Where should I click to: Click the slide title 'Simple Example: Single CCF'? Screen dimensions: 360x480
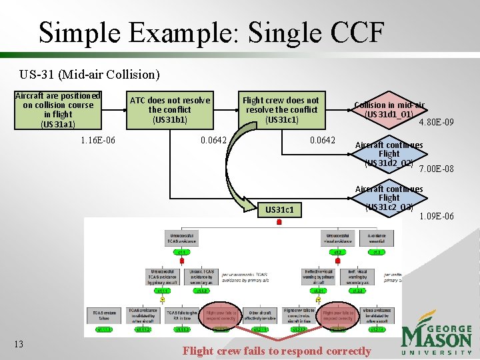(x=211, y=32)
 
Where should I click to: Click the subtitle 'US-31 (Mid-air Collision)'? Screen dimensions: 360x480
(x=89, y=73)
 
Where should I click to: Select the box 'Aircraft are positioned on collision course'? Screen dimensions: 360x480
(x=58, y=110)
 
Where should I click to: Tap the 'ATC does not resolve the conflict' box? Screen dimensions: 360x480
(x=169, y=109)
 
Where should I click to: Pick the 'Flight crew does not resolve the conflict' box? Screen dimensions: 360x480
(x=281, y=109)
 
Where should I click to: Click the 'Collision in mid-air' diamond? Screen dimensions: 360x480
(x=389, y=109)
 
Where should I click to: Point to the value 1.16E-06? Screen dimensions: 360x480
(x=97, y=140)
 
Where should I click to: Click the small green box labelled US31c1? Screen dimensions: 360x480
(x=279, y=211)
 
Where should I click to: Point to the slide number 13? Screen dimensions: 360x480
(x=19, y=344)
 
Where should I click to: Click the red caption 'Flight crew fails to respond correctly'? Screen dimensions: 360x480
(x=277, y=351)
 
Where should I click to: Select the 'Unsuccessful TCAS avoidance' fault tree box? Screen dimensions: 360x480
(x=182, y=239)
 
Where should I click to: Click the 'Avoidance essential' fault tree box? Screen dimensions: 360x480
(x=377, y=239)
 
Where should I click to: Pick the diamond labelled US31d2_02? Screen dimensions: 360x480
(x=389, y=155)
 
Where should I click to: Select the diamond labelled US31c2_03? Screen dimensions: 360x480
(x=389, y=199)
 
